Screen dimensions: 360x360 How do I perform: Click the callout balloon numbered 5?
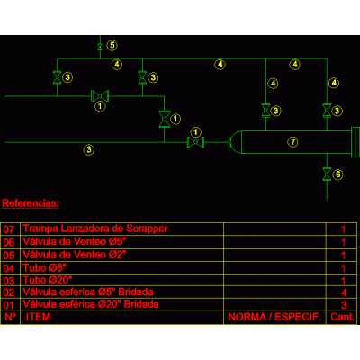[x=112, y=45]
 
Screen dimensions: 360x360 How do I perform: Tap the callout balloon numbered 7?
[x=293, y=141]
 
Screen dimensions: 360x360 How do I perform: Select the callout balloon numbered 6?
[x=338, y=175]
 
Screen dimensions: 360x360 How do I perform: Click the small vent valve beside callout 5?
[x=100, y=47]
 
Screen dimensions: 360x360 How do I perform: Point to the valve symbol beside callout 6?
[x=327, y=175]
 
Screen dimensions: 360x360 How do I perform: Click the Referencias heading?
[x=31, y=203]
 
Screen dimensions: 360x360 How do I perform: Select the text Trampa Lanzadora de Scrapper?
[x=95, y=229]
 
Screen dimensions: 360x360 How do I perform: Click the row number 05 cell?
[x=9, y=256]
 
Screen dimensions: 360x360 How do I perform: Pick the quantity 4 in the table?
[x=344, y=292]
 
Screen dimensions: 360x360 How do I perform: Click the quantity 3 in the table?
[x=344, y=305]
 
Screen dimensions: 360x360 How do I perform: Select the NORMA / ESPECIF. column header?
[x=274, y=317]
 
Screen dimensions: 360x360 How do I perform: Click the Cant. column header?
[x=343, y=317]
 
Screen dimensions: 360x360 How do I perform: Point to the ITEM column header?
[x=38, y=317]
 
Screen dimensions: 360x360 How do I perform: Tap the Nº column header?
[x=11, y=317]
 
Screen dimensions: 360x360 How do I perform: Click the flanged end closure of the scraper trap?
[x=355, y=142]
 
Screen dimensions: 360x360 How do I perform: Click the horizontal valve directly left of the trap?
[x=195, y=142]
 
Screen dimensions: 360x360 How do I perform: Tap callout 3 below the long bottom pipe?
[x=89, y=149]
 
